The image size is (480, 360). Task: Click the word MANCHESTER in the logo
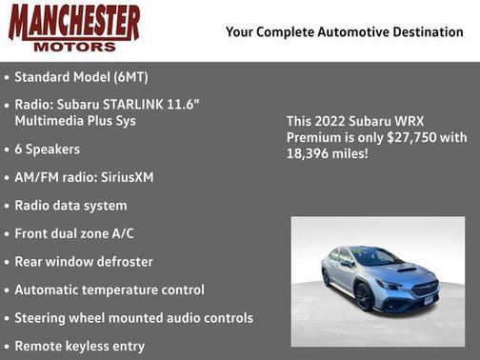[x=74, y=22]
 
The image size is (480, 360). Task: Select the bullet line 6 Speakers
[x=47, y=150]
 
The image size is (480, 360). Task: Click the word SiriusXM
[x=128, y=177]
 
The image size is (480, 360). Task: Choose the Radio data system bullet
[x=70, y=205]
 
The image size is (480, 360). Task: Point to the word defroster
[x=121, y=261]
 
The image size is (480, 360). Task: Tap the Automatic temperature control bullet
[x=110, y=290]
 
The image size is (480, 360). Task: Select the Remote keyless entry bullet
[x=80, y=346]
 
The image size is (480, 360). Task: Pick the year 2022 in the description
[x=331, y=122]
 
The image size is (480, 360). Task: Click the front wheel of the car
[x=363, y=297]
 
